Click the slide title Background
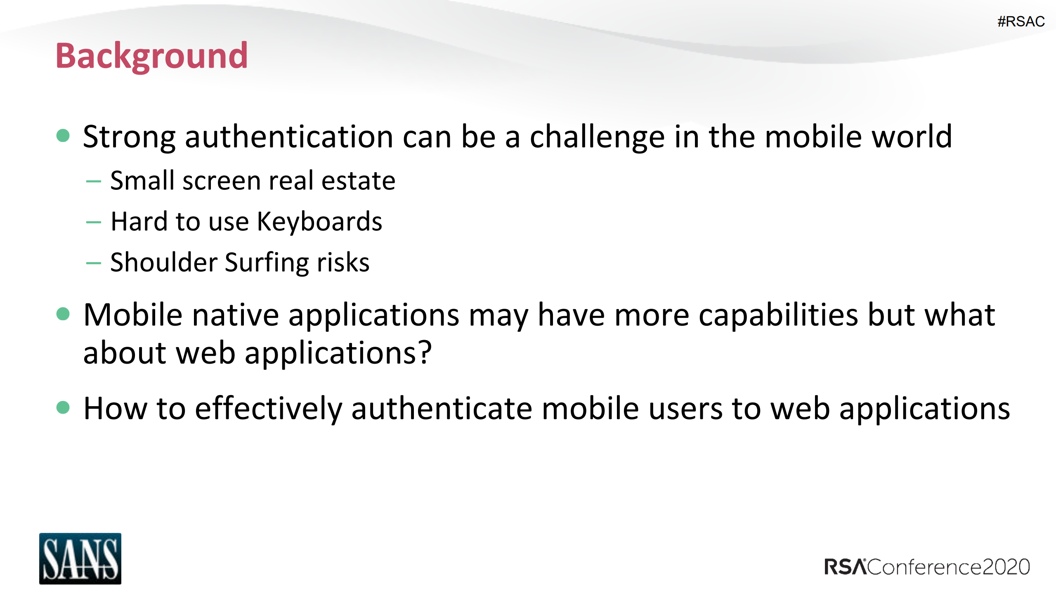tap(151, 56)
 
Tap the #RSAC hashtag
tap(1021, 21)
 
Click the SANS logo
tap(80, 558)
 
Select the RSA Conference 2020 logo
tap(927, 567)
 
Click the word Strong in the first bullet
tap(129, 137)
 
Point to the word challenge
tap(597, 137)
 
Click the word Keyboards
tap(319, 222)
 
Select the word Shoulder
tap(164, 262)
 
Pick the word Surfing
tap(266, 263)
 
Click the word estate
tap(358, 181)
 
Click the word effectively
tap(268, 409)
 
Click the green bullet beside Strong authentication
tap(63, 135)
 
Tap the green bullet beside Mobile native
tap(63, 314)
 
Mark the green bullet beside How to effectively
tap(63, 407)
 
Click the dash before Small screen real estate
tap(94, 181)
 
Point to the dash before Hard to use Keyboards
tap(94, 222)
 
